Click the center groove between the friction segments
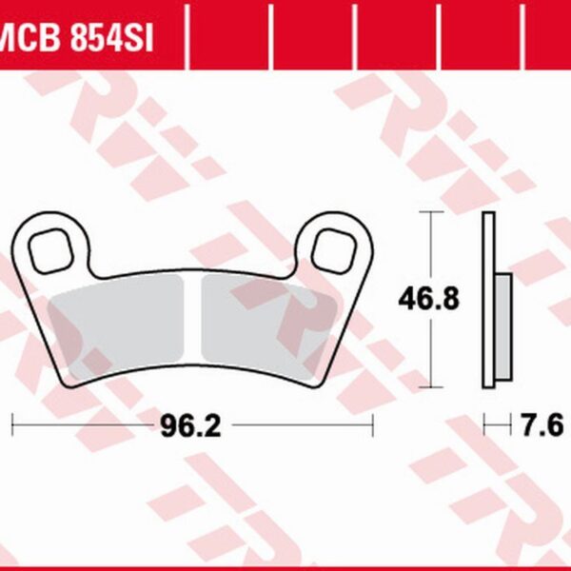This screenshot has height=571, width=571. coord(193,324)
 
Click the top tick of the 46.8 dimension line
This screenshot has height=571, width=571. coord(434,212)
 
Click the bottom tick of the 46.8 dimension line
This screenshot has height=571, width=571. coord(434,387)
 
